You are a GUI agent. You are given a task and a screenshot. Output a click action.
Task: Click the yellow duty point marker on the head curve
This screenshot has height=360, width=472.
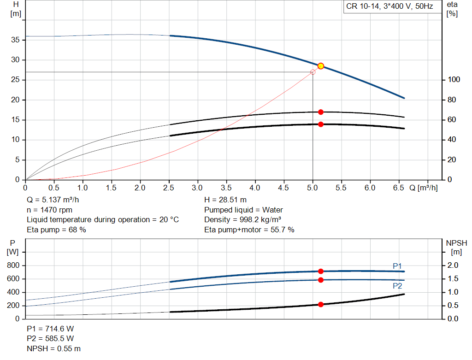tap(321, 66)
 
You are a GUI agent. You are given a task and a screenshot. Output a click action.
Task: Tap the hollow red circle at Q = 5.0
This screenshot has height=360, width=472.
tap(313, 72)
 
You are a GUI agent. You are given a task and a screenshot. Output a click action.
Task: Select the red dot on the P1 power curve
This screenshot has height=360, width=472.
tap(321, 271)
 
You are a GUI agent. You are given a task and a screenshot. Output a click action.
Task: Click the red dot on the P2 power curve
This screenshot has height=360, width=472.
tap(321, 280)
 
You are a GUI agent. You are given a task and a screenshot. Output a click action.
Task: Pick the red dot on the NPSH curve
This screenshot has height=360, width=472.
tap(321, 305)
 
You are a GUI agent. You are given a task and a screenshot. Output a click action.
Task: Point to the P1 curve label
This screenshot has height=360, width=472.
tap(397, 266)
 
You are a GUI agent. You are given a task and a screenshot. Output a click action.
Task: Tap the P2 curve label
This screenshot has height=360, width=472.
tap(397, 286)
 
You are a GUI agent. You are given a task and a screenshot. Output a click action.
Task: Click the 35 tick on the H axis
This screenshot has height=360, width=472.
tap(15, 40)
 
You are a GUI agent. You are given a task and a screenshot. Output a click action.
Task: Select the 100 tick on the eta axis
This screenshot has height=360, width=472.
tap(454, 80)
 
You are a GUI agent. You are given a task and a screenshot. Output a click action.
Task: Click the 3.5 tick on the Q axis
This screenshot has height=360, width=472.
tap(226, 188)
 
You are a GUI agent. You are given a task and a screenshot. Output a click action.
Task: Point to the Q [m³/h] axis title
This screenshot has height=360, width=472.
tap(423, 188)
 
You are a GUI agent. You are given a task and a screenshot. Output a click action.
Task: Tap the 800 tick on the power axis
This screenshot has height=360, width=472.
tap(13, 266)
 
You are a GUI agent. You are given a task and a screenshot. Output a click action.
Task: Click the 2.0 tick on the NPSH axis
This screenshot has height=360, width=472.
tap(453, 266)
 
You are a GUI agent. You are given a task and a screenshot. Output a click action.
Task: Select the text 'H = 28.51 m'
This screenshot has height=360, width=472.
tap(225, 200)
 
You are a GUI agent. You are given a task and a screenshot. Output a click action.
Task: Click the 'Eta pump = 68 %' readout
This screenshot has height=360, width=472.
tap(56, 230)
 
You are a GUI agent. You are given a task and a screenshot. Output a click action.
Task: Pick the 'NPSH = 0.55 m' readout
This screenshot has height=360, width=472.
tap(53, 349)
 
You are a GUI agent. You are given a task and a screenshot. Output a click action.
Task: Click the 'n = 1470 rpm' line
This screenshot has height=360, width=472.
tap(49, 210)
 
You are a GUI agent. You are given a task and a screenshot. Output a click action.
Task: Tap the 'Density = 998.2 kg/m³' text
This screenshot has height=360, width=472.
tap(242, 220)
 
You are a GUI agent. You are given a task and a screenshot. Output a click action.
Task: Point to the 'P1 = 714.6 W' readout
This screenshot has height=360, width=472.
tap(50, 329)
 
